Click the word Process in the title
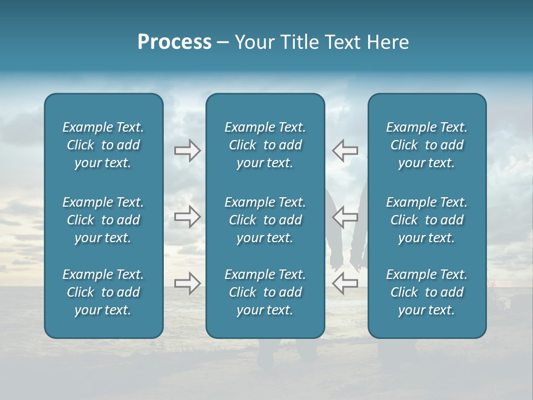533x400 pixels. point(174,42)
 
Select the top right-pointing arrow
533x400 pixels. point(187,151)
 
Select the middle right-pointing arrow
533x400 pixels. point(187,216)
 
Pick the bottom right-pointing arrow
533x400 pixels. point(187,283)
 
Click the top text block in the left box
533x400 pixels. point(103,145)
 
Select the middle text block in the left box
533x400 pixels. point(103,220)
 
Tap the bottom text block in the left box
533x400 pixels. point(103,292)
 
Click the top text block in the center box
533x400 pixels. point(265,145)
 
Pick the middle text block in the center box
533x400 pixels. point(265,220)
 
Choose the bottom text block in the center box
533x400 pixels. point(265,292)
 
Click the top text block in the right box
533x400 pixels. point(426,145)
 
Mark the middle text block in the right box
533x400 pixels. point(426,220)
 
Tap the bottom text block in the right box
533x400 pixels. point(426,292)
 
